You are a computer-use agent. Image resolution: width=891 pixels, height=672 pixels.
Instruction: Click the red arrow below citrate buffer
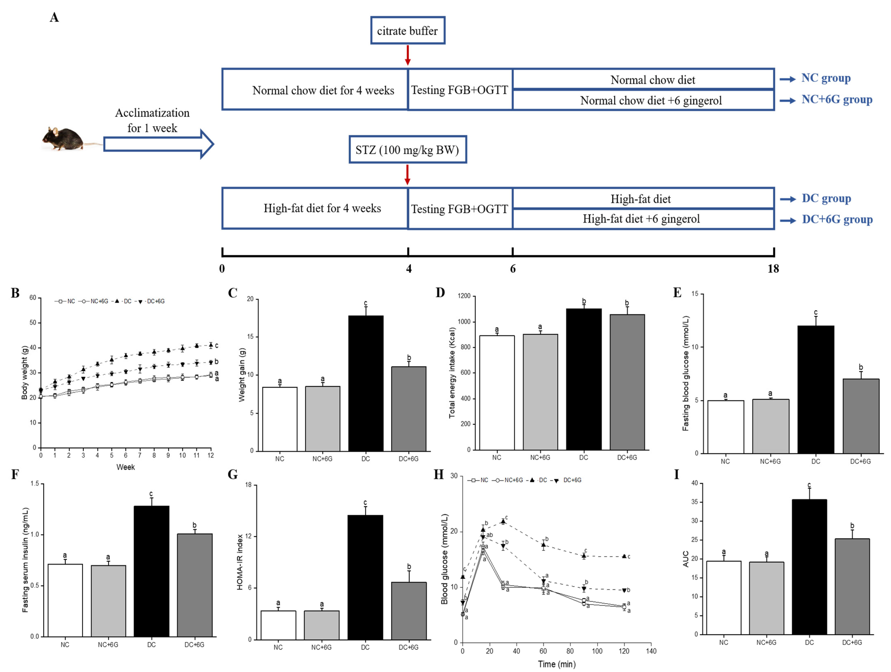pos(408,55)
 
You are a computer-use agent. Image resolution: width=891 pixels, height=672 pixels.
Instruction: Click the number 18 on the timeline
pos(773,269)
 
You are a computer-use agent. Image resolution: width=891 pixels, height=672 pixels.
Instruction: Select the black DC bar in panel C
pos(366,383)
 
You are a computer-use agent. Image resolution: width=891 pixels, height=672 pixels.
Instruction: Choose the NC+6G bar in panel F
pos(108,600)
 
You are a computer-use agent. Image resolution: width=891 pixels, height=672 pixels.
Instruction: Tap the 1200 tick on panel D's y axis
pos(464,296)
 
